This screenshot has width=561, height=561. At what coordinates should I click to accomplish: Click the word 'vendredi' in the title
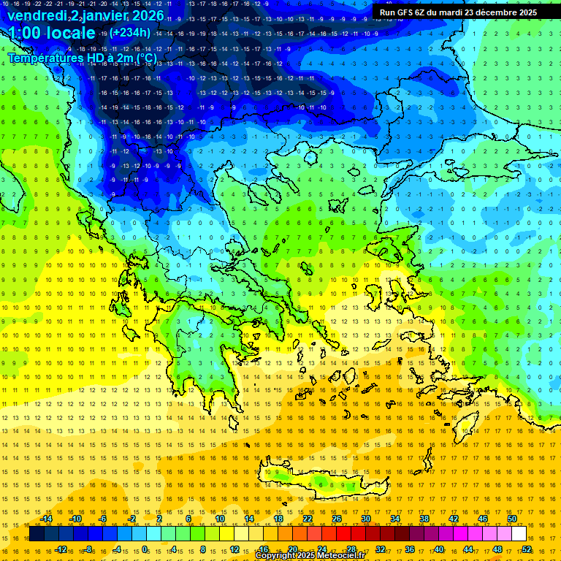click(x=37, y=15)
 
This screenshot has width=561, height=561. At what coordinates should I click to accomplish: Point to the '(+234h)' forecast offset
click(x=131, y=32)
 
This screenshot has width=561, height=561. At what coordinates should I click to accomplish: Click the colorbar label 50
click(x=512, y=519)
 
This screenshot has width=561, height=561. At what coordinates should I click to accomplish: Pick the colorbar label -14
click(x=45, y=519)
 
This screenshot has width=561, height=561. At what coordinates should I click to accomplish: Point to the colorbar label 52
click(x=527, y=549)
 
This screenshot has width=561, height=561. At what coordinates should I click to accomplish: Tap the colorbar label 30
click(x=365, y=519)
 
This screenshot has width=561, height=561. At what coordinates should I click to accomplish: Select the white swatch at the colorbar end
click(x=519, y=534)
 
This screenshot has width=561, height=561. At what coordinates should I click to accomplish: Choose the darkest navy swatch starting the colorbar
click(x=37, y=534)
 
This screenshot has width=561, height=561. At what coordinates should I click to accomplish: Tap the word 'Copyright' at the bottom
click(x=277, y=556)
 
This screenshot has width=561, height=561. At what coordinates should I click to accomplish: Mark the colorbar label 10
click(x=219, y=519)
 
